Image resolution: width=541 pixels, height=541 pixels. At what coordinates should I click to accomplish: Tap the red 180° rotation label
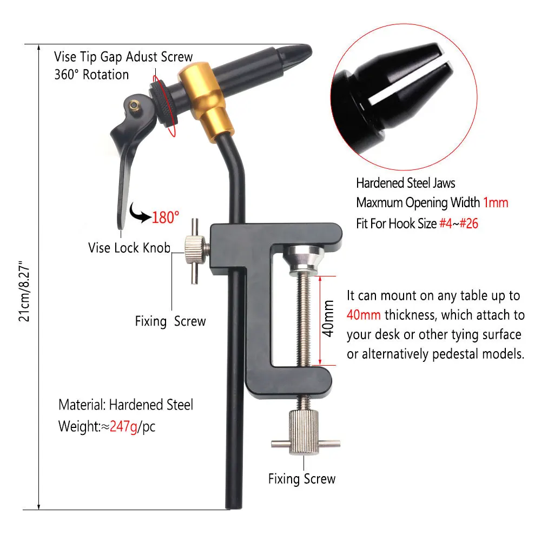(x=166, y=217)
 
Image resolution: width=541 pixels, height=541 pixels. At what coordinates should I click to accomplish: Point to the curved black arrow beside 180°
(x=140, y=213)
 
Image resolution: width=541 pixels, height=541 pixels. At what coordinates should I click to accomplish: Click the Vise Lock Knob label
(x=129, y=248)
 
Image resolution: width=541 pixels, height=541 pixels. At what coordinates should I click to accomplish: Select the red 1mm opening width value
(x=496, y=202)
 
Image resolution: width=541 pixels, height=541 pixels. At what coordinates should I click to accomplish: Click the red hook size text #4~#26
(x=459, y=223)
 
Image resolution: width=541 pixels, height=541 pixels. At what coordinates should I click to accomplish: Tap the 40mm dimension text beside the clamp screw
(x=328, y=319)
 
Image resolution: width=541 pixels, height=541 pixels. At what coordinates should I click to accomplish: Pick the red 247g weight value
(x=123, y=426)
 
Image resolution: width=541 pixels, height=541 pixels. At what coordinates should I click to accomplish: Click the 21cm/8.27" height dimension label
(x=24, y=292)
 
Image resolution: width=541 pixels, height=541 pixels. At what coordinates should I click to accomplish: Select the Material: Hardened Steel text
(x=126, y=405)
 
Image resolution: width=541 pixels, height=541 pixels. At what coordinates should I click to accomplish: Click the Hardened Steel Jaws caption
(x=406, y=183)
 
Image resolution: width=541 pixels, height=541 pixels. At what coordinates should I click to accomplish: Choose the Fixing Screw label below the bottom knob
(x=302, y=479)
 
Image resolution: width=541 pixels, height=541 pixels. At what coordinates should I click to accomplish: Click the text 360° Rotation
(x=91, y=75)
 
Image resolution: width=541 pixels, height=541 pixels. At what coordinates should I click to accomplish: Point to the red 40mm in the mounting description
(x=364, y=315)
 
